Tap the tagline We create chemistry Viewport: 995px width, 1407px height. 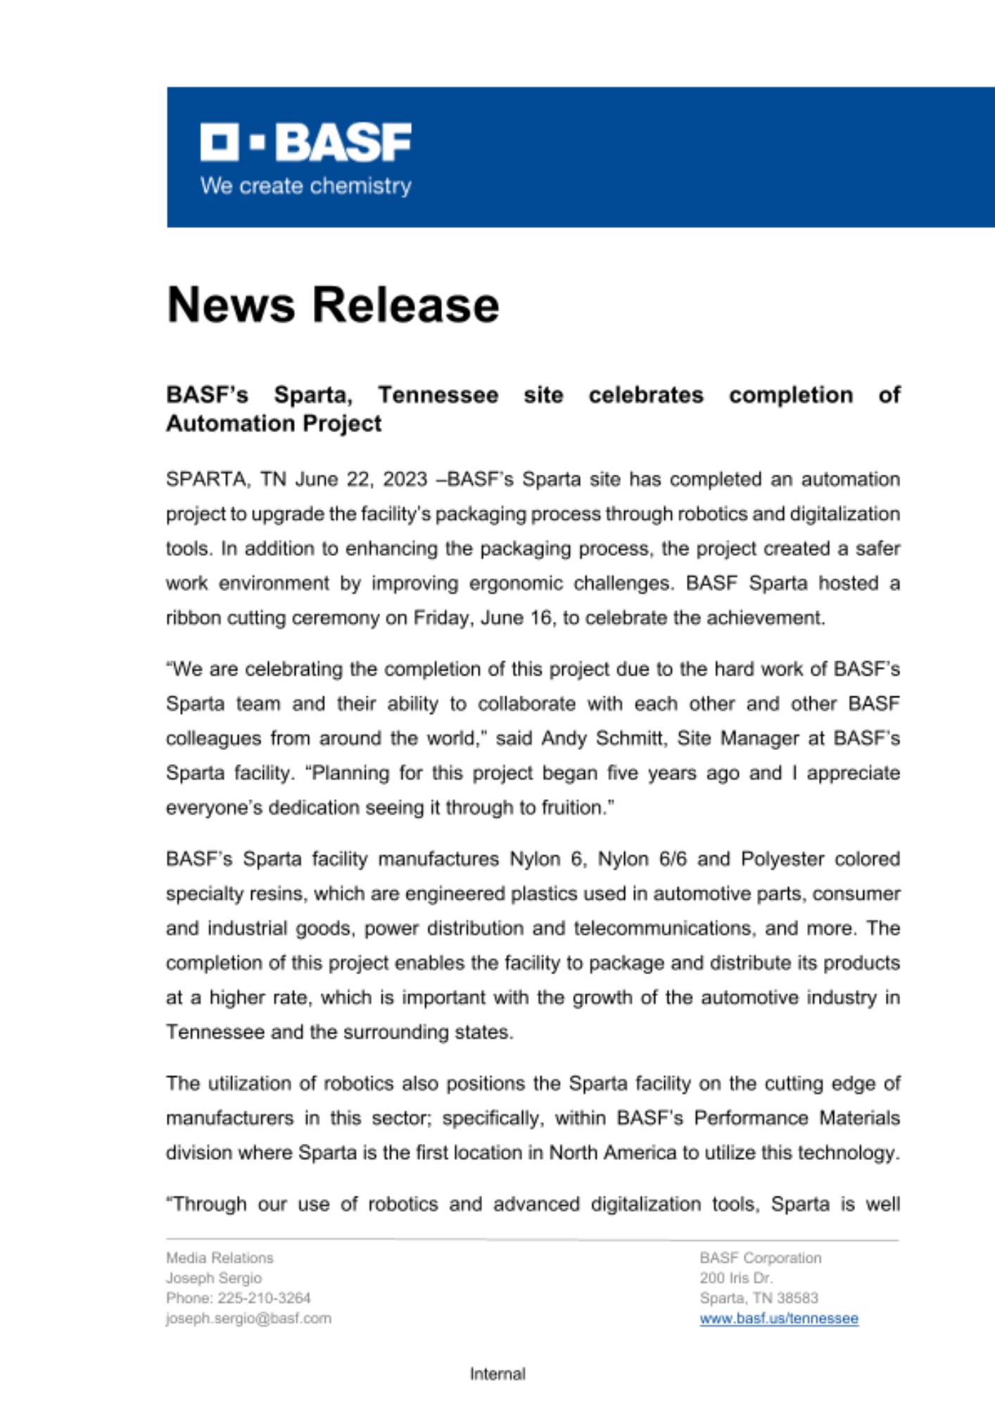(x=306, y=186)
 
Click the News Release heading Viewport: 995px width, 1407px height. (x=333, y=305)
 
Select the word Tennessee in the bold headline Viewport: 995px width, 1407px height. (x=438, y=395)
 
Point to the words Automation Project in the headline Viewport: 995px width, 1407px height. (x=274, y=424)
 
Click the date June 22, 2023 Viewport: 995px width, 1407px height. (x=361, y=480)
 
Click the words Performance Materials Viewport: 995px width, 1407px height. (x=797, y=1119)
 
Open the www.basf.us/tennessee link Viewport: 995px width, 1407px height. (x=779, y=1319)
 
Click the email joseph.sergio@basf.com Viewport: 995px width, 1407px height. (x=248, y=1319)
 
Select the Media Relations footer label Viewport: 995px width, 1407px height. (x=220, y=1258)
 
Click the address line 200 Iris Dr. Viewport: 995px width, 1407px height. (x=736, y=1278)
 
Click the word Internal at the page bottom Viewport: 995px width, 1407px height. (x=497, y=1374)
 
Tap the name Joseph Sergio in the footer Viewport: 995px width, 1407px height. (x=214, y=1278)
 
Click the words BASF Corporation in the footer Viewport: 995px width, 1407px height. (x=760, y=1258)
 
